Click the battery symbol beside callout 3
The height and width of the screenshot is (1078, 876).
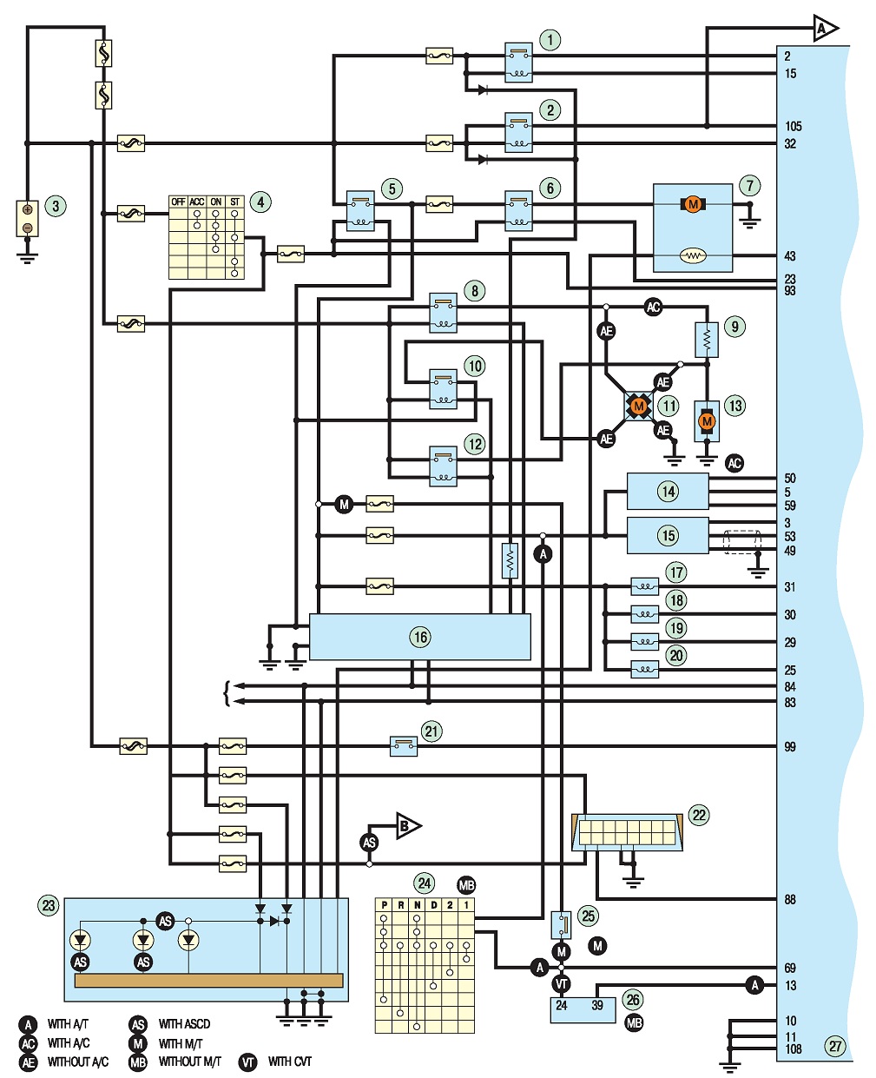28,218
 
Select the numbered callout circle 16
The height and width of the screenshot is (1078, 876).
420,637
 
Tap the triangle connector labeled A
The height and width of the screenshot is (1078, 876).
825,29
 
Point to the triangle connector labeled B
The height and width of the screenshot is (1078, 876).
408,826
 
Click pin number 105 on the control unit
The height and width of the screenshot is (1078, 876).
793,126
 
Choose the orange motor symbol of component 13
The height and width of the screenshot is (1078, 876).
707,421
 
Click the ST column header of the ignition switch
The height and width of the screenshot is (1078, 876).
234,202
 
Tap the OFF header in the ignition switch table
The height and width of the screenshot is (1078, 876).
178,202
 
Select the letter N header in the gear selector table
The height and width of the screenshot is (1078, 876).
417,905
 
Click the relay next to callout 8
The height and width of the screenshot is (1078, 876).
443,312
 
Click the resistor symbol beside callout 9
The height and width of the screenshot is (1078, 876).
707,341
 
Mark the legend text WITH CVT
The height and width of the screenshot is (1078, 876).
289,1061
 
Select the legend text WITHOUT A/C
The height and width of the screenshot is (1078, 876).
78,1061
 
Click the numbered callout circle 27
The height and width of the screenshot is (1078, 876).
835,1046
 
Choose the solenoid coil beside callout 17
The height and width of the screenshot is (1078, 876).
645,586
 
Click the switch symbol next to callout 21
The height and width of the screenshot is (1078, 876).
404,746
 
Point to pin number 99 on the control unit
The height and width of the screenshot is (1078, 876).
790,746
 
